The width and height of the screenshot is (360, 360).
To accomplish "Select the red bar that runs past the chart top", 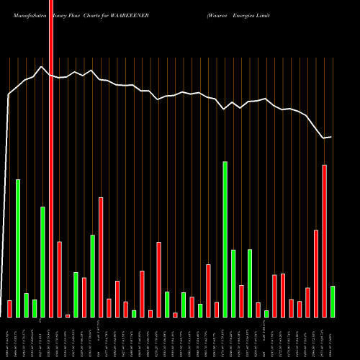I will pyautogui.click(x=51, y=158).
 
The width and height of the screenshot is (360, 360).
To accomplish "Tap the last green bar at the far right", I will pyautogui.click(x=333, y=302).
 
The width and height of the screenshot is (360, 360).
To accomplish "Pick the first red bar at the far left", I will pyautogui.click(x=9, y=309).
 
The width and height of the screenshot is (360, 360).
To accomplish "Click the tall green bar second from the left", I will pyautogui.click(x=18, y=248).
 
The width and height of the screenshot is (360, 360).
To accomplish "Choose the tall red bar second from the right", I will pyautogui.click(x=324, y=241).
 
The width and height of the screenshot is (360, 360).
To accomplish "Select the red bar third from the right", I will pyautogui.click(x=316, y=274).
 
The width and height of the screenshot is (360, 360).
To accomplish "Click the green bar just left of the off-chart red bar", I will pyautogui.click(x=42, y=262).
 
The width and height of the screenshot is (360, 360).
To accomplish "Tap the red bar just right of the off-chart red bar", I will pyautogui.click(x=59, y=279).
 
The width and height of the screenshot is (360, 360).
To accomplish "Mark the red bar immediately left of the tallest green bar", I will pyautogui.click(x=216, y=310).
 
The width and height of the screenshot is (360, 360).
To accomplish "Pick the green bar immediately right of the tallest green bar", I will pyautogui.click(x=233, y=283).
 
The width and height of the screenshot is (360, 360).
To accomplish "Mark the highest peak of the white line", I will pyautogui.click(x=42, y=67).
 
